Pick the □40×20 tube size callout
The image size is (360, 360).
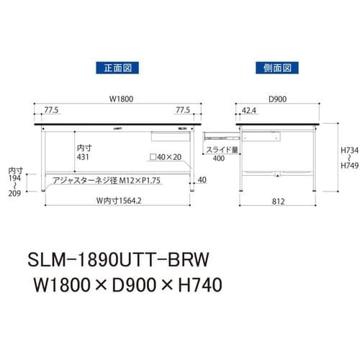pos(165,156)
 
